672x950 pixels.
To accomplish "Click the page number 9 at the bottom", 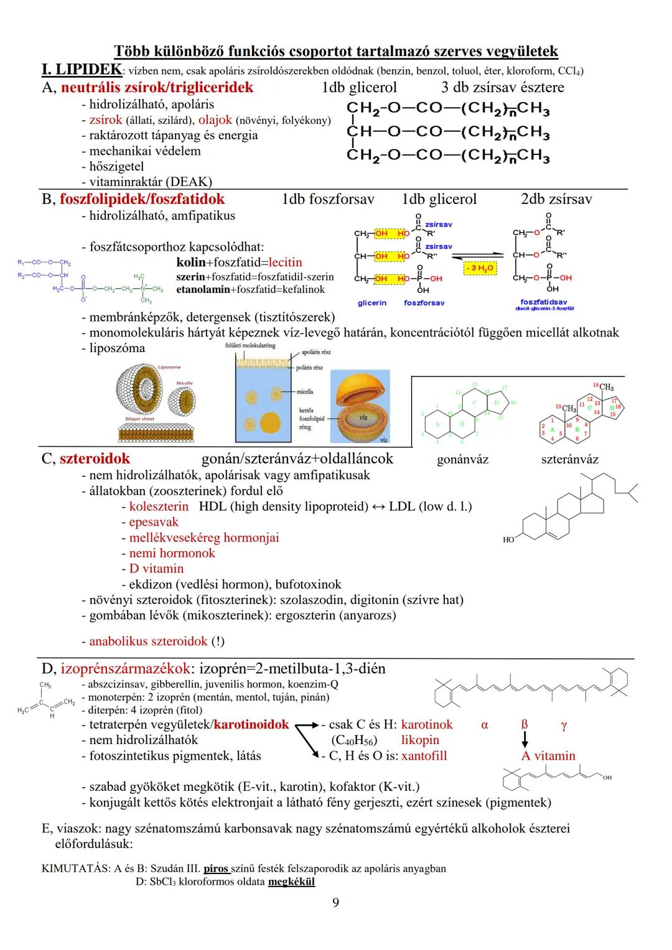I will (335, 902).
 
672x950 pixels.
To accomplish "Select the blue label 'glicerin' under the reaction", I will (372, 303).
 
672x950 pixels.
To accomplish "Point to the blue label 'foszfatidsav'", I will (544, 302).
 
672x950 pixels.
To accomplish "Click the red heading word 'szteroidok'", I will (95, 459).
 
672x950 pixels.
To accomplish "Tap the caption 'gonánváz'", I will (462, 460).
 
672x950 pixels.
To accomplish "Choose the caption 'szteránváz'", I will (569, 460).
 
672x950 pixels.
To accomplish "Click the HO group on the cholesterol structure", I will (508, 540).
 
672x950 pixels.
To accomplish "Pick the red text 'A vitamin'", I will (548, 756).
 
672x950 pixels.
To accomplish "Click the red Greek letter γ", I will (563, 725).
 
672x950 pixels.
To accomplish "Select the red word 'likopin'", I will (420, 740).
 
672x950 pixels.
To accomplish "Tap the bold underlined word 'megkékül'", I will (291, 882).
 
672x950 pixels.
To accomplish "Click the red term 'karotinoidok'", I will (251, 725).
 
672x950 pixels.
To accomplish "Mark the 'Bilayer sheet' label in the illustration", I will (140, 419).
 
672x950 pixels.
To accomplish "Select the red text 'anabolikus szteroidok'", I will (148, 641).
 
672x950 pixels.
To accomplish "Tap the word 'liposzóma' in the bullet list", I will (117, 348).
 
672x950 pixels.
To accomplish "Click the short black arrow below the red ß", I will (525, 739).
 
